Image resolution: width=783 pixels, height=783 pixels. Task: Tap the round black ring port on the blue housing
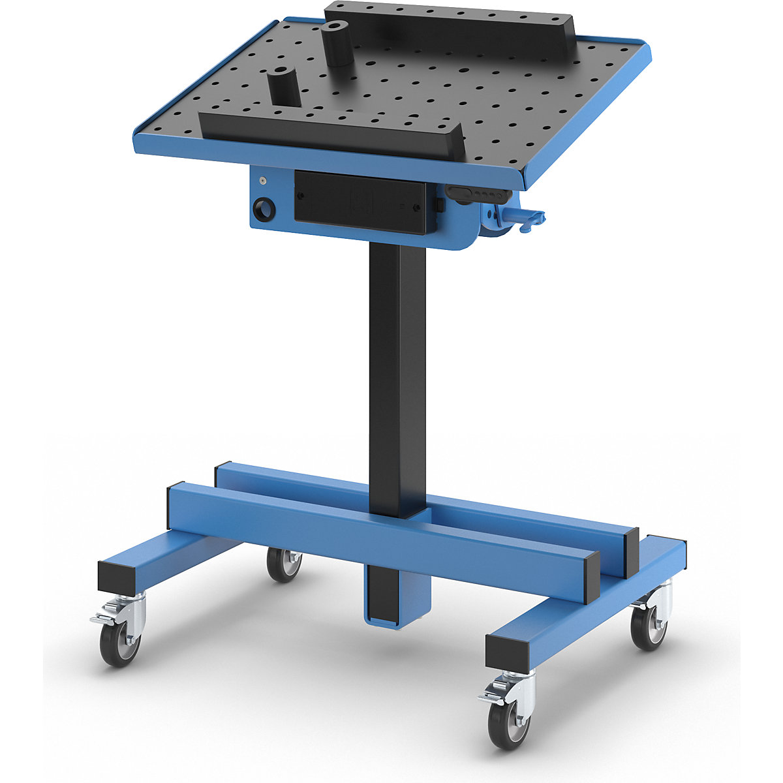265,210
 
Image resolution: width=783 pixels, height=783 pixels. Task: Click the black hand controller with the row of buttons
476,195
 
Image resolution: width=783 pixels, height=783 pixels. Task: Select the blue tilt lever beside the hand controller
522,220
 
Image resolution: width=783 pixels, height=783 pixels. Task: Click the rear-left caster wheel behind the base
284,564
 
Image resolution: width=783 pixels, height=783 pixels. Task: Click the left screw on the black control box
301,196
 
